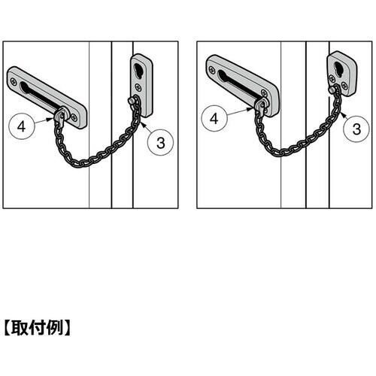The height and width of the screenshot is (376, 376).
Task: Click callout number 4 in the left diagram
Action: pyautogui.click(x=22, y=126)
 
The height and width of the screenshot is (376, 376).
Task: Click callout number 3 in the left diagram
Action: pyautogui.click(x=161, y=142)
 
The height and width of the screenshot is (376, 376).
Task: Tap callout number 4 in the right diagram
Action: pyautogui.click(x=214, y=119)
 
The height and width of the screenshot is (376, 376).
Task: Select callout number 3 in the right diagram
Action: pyautogui.click(x=356, y=129)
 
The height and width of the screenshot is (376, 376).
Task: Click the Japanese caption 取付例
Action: pyautogui.click(x=37, y=328)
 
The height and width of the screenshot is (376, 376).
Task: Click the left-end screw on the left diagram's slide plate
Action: pyautogui.click(x=13, y=80)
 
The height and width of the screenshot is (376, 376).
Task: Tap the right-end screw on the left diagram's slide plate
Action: pyautogui.click(x=74, y=117)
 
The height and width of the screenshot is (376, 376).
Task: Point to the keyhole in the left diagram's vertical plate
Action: pyautogui.click(x=138, y=69)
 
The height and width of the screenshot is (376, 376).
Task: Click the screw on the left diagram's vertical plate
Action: pyautogui.click(x=138, y=86)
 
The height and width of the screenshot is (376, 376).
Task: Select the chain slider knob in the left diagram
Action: pyautogui.click(x=61, y=115)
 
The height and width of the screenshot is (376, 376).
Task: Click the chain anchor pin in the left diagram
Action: pyautogui.click(x=131, y=102)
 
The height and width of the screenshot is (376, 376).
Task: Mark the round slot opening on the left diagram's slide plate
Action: pyautogui.click(x=24, y=87)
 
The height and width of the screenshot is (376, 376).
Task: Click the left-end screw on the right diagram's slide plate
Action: pyautogui.click(x=213, y=70)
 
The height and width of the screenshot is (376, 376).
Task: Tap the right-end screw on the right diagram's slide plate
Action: pyautogui.click(x=264, y=93)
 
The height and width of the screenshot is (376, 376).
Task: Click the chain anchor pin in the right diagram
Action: pyautogui.click(x=332, y=89)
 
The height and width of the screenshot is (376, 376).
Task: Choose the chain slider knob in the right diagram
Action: pyautogui.click(x=261, y=105)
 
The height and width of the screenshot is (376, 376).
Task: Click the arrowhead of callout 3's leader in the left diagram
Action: pyautogui.click(x=142, y=123)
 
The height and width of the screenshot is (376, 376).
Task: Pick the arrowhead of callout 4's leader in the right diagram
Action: pyautogui.click(x=251, y=109)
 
